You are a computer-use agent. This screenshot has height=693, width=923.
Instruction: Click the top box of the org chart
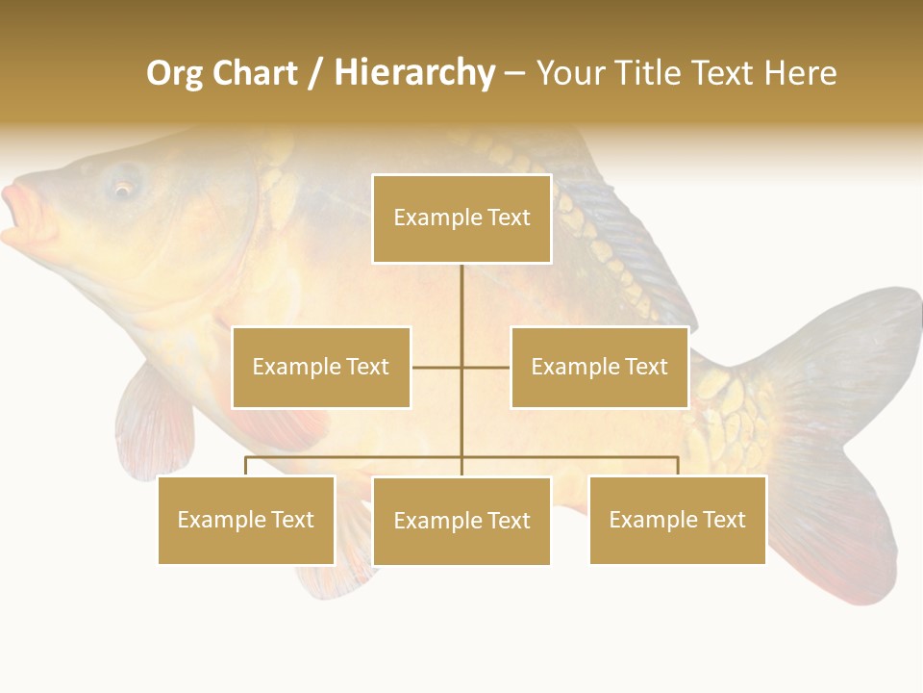click(461, 218)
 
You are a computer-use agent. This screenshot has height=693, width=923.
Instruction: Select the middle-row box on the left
click(321, 367)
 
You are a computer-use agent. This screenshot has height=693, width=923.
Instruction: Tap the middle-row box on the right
click(599, 367)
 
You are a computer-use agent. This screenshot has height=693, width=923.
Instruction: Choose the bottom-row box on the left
click(246, 520)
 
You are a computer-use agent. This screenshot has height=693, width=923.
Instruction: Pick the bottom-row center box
click(461, 521)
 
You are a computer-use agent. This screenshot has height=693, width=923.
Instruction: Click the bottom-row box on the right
click(677, 520)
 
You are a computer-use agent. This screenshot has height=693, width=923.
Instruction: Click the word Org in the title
click(174, 73)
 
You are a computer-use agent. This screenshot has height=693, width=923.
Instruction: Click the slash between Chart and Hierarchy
click(315, 74)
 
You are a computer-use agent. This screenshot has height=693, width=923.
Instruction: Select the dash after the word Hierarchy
click(514, 74)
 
